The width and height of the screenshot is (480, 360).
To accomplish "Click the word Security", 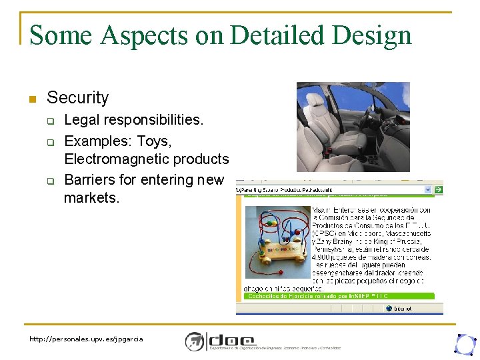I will tap(77, 98).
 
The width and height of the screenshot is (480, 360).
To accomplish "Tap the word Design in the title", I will tap(375, 35).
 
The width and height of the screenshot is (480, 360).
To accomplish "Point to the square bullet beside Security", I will tap(31, 99).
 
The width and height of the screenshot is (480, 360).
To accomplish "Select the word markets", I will tap(91, 198).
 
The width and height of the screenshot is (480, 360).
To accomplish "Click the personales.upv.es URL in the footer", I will tap(86, 339).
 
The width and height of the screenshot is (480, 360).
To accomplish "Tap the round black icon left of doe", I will tap(195, 341).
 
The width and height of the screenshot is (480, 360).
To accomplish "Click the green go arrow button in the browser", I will tap(438, 190).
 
